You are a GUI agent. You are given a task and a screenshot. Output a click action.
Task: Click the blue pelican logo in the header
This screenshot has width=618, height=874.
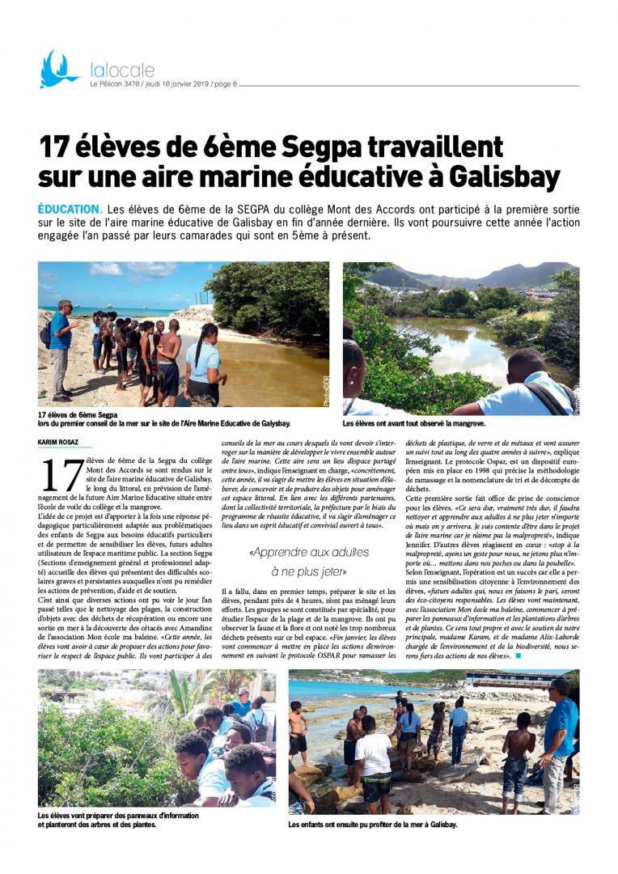pyautogui.click(x=57, y=70)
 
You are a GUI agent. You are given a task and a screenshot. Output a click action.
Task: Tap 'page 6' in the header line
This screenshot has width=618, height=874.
pyautogui.click(x=222, y=84)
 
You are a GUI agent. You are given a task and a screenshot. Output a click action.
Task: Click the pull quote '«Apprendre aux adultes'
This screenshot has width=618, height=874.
pyautogui.click(x=310, y=552)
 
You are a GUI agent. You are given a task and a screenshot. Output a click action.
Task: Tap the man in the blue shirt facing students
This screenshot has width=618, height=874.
pyautogui.click(x=61, y=348)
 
